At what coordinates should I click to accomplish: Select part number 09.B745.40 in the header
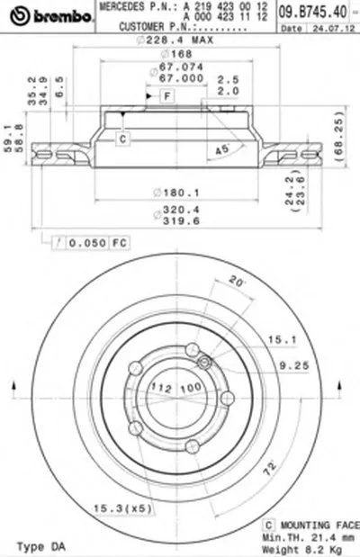[x=327, y=12]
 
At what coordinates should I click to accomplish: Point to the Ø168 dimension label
[x=171, y=53]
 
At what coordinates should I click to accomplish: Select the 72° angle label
[x=267, y=470]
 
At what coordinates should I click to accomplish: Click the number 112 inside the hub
[x=160, y=388]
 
